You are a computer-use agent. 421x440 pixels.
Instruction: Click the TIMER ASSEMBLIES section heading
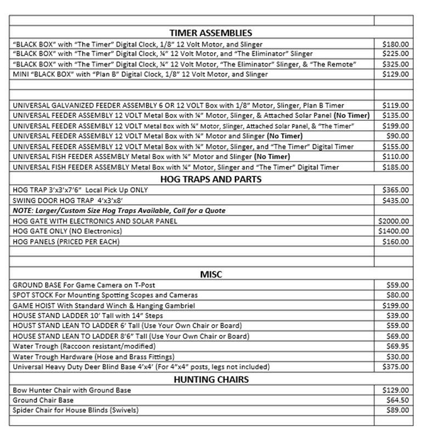coord(211,33)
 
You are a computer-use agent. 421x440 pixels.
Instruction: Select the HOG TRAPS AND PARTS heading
coord(211,179)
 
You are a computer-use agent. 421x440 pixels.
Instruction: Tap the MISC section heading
coord(211,274)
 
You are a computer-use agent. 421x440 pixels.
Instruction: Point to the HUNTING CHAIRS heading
coord(211,379)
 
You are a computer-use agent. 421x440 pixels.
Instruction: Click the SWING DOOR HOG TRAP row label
coord(66,200)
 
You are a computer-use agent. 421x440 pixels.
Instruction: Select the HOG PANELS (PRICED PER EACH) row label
coord(65,242)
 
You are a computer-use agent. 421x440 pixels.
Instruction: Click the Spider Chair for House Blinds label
coord(76,410)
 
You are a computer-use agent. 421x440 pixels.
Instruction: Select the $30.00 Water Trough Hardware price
coord(397,357)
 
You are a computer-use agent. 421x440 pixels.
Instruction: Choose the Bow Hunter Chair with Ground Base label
coord(71,390)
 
